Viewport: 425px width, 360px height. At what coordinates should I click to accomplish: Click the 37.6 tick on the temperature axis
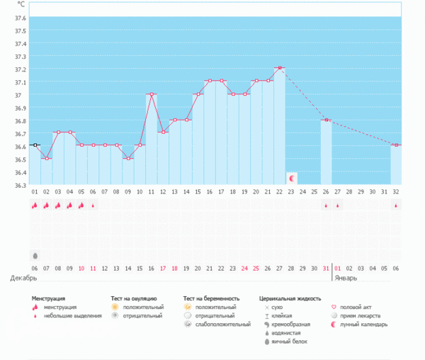tap(21, 18)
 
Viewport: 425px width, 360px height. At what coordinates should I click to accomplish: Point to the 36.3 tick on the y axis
tap(21, 185)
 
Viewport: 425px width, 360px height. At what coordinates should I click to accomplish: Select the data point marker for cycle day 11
tap(151, 94)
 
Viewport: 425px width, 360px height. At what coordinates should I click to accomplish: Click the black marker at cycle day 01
tap(35, 145)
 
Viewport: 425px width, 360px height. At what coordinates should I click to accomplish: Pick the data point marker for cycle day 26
tap(326, 120)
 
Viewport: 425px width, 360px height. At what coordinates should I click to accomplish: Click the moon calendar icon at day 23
tap(291, 178)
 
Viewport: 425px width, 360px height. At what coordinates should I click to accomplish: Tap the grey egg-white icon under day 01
tap(35, 255)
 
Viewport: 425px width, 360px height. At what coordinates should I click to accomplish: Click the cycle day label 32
tap(395, 192)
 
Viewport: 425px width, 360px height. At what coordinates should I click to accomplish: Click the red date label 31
tap(326, 268)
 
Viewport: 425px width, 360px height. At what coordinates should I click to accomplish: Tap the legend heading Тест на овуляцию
tap(134, 299)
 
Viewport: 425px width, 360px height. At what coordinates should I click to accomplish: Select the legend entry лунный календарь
tap(364, 324)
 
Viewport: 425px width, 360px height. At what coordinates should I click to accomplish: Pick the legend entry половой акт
tap(356, 307)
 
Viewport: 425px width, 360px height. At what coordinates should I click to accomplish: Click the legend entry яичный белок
tap(289, 341)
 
